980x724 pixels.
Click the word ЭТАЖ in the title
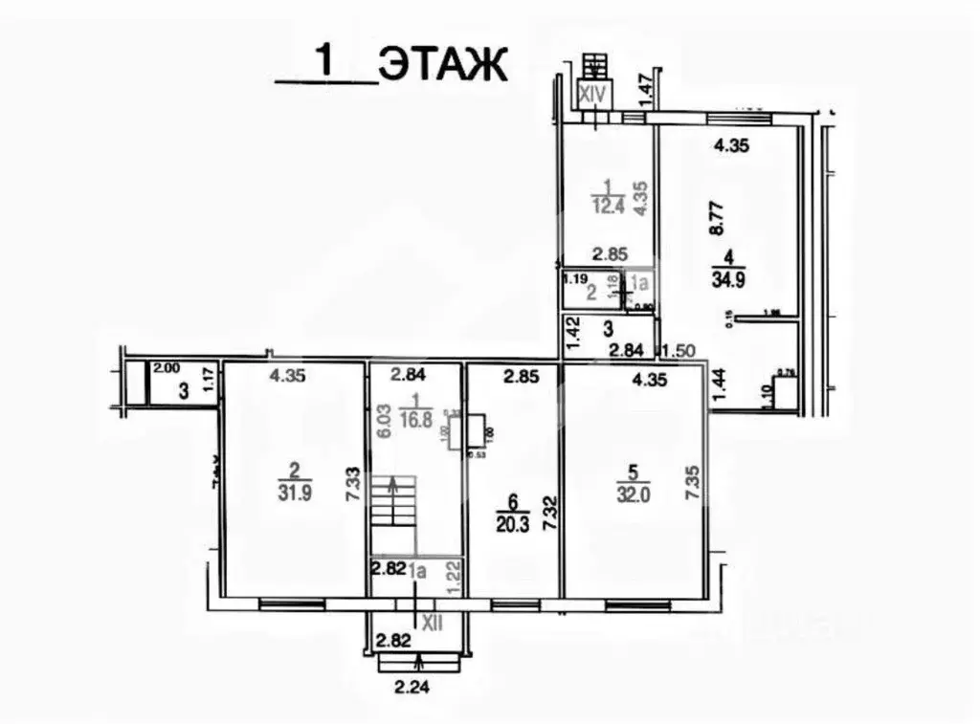[441, 65]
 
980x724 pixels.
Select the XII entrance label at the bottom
[433, 623]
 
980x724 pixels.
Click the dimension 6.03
[382, 420]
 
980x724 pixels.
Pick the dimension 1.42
[573, 337]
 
